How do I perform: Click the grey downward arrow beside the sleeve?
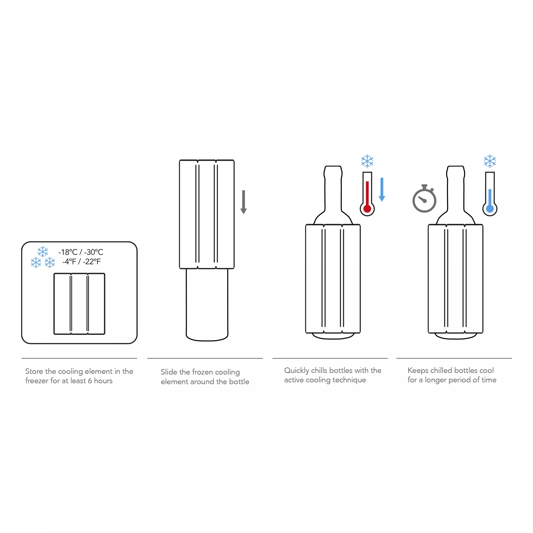tap(244, 202)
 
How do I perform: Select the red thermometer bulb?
tap(367, 209)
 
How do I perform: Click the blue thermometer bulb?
tap(490, 209)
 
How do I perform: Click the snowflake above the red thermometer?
tap(367, 161)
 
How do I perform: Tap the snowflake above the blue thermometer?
tap(490, 161)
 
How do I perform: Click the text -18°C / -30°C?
tap(81, 252)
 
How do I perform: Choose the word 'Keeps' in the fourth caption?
tap(418, 370)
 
